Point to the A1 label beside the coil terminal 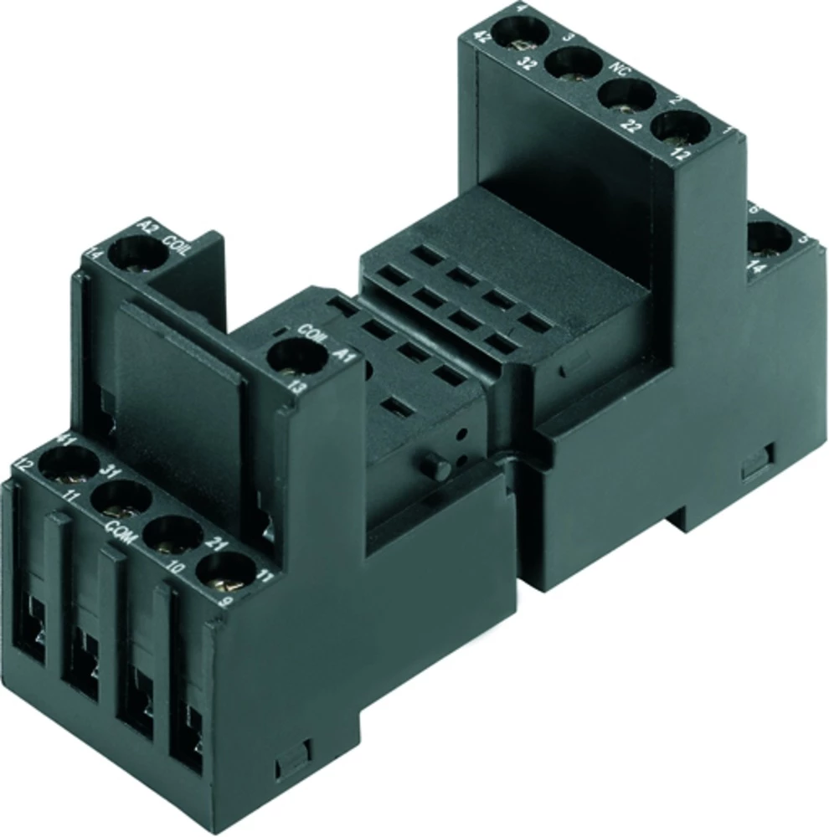[x=339, y=355]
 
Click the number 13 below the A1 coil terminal [x=294, y=387]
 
